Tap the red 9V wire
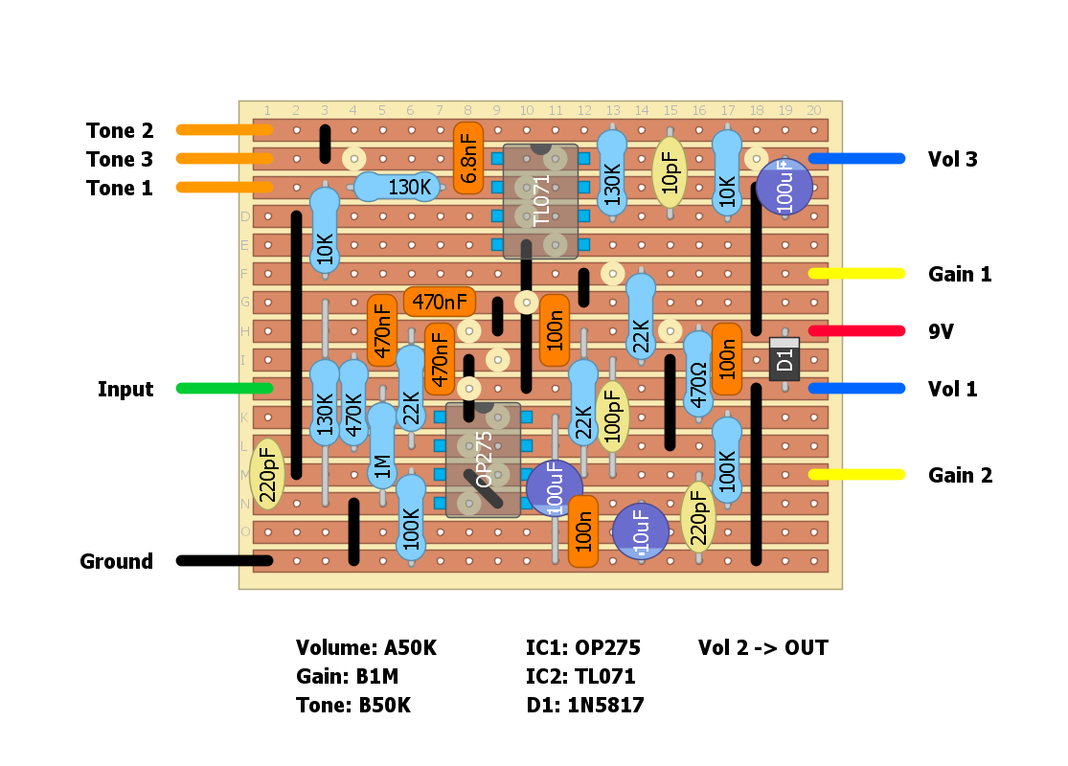click(856, 331)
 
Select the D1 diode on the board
click(784, 359)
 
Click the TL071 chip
click(540, 201)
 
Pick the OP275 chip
click(483, 460)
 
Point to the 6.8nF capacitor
click(468, 158)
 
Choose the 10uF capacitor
click(641, 531)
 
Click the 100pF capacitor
click(612, 415)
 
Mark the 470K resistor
click(353, 402)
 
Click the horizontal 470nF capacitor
click(440, 302)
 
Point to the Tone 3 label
click(120, 159)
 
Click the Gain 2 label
click(960, 475)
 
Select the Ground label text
click(116, 561)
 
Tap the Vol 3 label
click(952, 159)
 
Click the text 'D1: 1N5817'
click(584, 706)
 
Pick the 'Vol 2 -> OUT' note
click(762, 648)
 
